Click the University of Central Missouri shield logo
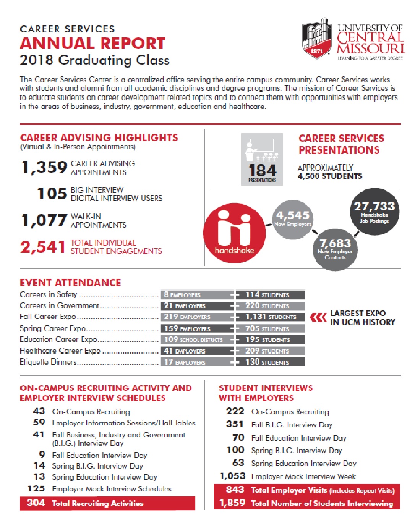point(316,38)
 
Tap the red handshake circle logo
point(234,233)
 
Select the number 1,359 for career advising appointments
point(44,168)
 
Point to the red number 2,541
point(43,247)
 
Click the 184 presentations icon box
point(262,159)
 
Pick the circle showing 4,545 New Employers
point(293,219)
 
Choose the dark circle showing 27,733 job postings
point(374,211)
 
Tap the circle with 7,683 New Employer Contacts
point(335,249)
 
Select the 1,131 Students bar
point(271,317)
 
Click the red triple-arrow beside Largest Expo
point(318,317)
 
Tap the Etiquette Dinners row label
point(48,362)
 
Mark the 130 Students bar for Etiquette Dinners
point(271,362)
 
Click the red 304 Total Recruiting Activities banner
point(107,503)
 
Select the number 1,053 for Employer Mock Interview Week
point(232,476)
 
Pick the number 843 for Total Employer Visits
point(235,490)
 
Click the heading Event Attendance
point(70,283)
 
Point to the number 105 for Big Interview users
point(52,194)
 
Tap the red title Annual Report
point(92,44)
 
